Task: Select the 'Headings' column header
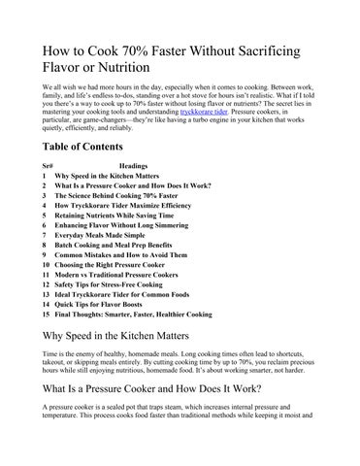coord(134,166)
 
